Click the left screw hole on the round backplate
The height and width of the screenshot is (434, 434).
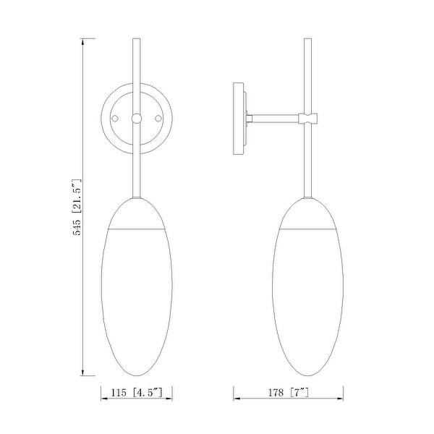pyautogui.click(x=115, y=117)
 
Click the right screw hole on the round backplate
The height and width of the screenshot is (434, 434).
pyautogui.click(x=157, y=117)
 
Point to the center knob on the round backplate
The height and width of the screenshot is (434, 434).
pyautogui.click(x=136, y=117)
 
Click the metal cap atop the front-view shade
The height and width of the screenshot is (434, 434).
pyautogui.click(x=136, y=213)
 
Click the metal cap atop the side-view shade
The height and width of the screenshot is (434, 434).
pyautogui.click(x=308, y=213)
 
